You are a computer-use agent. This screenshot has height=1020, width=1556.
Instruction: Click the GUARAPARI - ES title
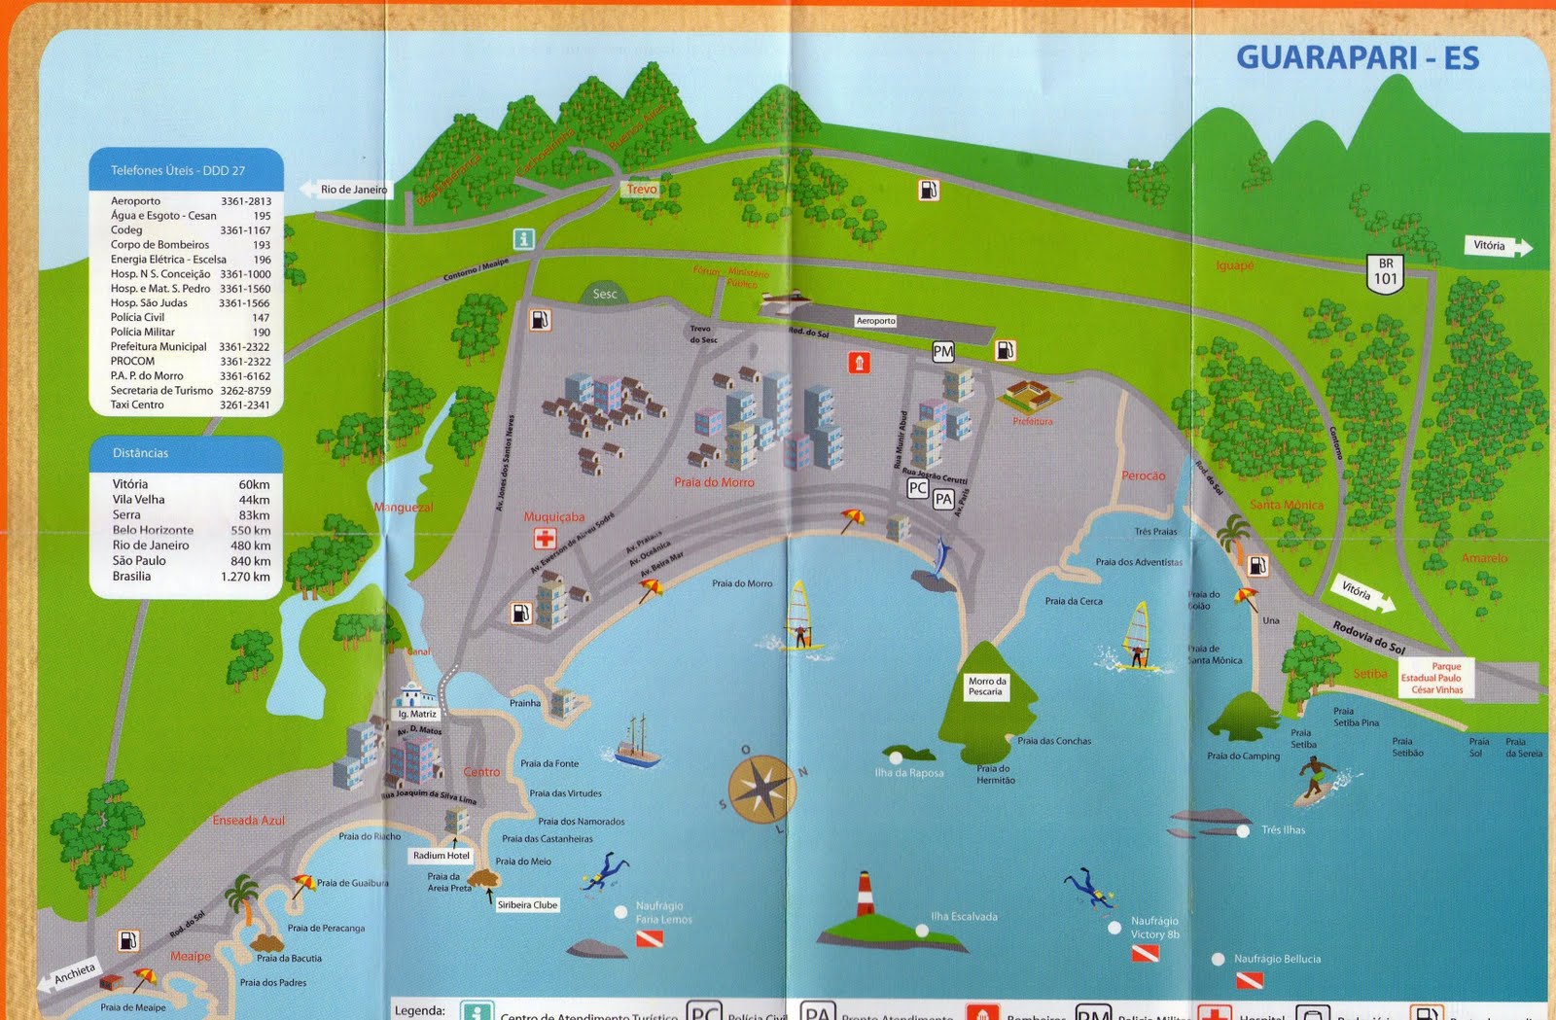point(1357,57)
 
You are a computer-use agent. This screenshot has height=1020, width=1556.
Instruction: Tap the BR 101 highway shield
point(1385,272)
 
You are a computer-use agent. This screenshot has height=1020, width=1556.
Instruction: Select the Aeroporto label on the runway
point(875,320)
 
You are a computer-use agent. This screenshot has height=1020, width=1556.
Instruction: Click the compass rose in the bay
point(761,788)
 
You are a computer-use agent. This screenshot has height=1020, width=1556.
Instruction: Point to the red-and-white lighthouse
point(864,895)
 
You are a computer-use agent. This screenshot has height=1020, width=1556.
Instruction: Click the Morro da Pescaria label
point(986,686)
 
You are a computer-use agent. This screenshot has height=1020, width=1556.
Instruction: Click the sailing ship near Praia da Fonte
point(637,744)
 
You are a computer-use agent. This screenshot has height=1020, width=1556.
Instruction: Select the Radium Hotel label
point(441,856)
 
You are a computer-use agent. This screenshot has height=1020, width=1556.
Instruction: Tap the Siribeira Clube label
point(527,905)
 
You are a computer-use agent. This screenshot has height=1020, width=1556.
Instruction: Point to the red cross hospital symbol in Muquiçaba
point(544,539)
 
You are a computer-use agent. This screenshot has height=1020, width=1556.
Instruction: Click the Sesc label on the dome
point(605,294)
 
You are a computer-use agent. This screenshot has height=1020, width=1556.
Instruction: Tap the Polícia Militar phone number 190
point(261,333)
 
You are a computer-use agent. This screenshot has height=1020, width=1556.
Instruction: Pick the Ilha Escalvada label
point(963,916)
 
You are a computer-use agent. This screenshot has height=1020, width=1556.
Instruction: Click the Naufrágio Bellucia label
point(1277,959)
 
